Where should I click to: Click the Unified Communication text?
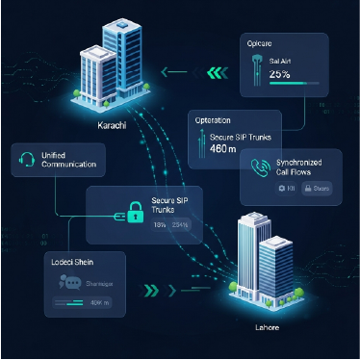[69, 160]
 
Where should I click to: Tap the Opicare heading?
[260, 42]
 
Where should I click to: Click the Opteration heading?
[212, 120]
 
